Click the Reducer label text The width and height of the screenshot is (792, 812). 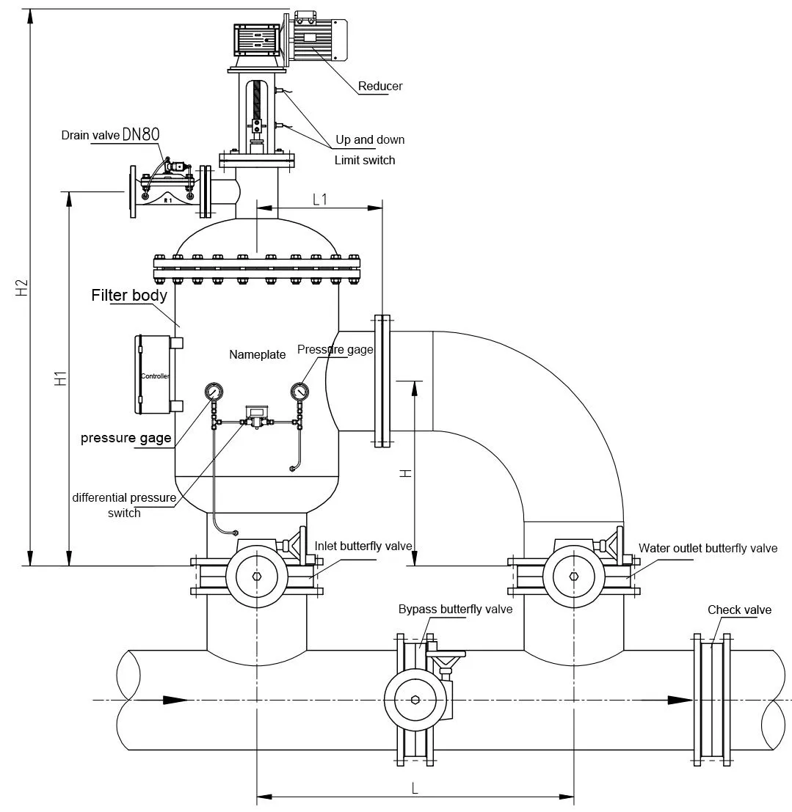point(380,86)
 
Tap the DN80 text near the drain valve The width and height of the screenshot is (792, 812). point(141,135)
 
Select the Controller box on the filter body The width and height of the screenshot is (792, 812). point(154,374)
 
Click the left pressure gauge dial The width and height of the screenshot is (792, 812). point(214,391)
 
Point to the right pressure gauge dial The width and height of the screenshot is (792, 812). point(299,391)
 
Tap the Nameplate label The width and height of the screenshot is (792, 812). point(258,355)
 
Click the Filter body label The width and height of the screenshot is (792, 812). point(129,295)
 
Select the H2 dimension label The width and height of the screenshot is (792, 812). point(21,288)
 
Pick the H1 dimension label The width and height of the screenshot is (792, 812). point(61,378)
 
